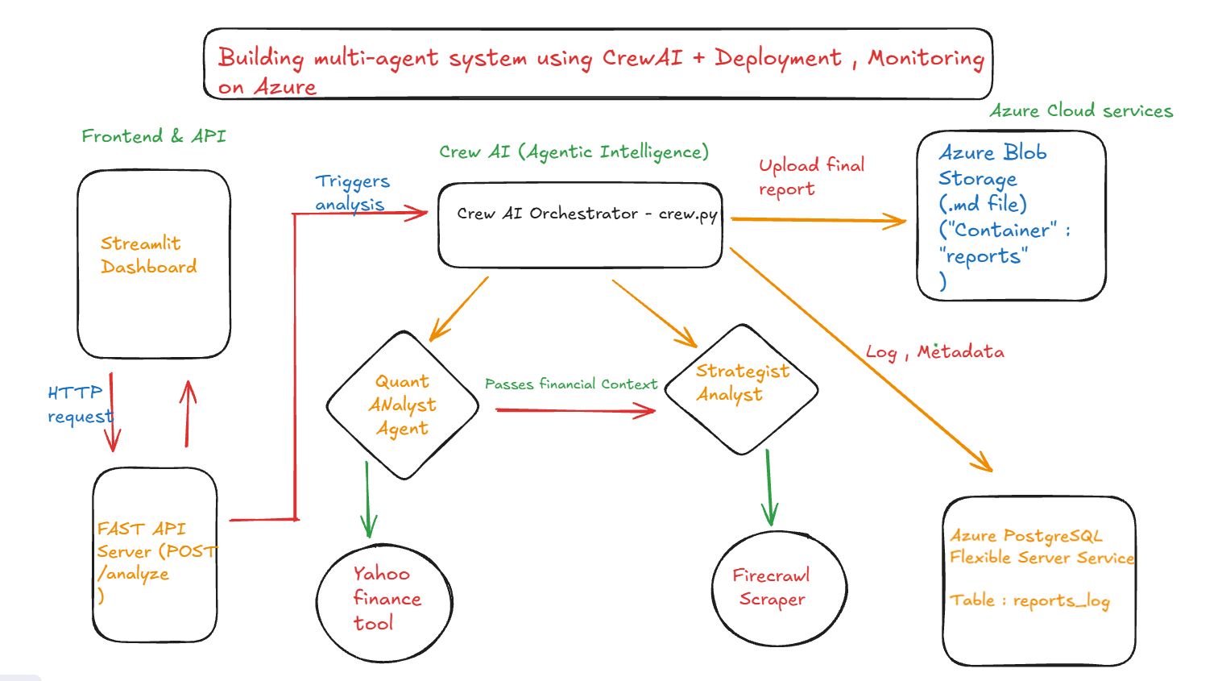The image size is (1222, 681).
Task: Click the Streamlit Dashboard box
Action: [x=154, y=264]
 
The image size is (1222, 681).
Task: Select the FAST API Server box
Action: [x=155, y=554]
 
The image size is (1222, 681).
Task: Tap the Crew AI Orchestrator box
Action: [x=580, y=225]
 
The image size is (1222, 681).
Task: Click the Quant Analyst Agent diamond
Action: [x=403, y=405]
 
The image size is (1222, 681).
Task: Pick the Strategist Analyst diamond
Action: [x=741, y=388]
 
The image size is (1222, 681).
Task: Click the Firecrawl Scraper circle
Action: [x=778, y=588]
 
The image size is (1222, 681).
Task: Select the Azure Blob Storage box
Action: [x=1011, y=215]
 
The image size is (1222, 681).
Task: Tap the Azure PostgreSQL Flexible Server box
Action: [x=1038, y=580]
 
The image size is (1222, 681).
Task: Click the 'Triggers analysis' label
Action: [x=352, y=193]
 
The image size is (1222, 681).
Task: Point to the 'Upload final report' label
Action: [x=810, y=176]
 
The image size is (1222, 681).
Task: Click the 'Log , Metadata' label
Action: [x=934, y=352]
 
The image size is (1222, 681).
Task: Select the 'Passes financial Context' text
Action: [x=570, y=384]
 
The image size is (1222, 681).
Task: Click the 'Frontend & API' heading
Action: [x=153, y=136]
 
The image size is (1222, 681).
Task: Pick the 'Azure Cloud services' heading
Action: [x=1080, y=110]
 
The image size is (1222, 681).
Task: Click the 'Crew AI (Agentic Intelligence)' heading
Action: [x=574, y=152]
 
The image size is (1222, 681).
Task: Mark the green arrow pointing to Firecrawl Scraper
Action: [x=768, y=488]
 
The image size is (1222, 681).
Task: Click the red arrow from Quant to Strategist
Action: [x=575, y=411]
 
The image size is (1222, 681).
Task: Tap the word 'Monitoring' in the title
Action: [x=926, y=58]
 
